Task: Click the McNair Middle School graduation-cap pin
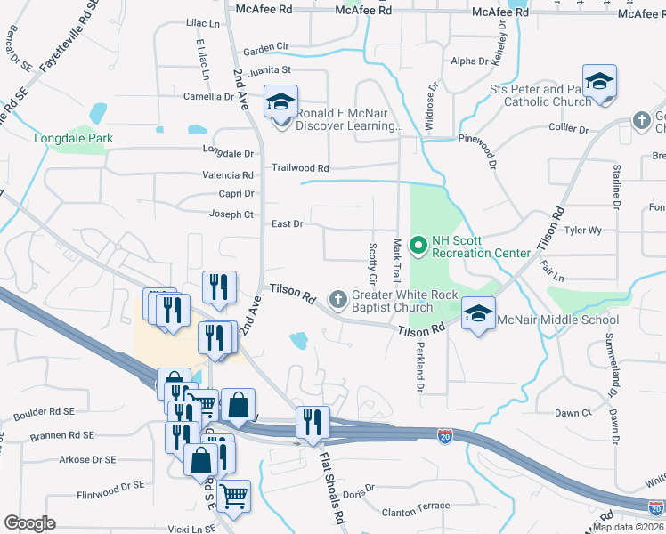(479, 313)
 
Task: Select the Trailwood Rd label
(300, 167)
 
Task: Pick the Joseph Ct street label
(231, 214)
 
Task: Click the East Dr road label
(287, 224)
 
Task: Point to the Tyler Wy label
(583, 230)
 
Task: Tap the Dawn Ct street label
(573, 413)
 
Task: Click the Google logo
(29, 522)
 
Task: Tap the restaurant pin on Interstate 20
(312, 423)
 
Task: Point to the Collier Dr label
(569, 129)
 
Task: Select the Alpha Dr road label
(470, 61)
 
